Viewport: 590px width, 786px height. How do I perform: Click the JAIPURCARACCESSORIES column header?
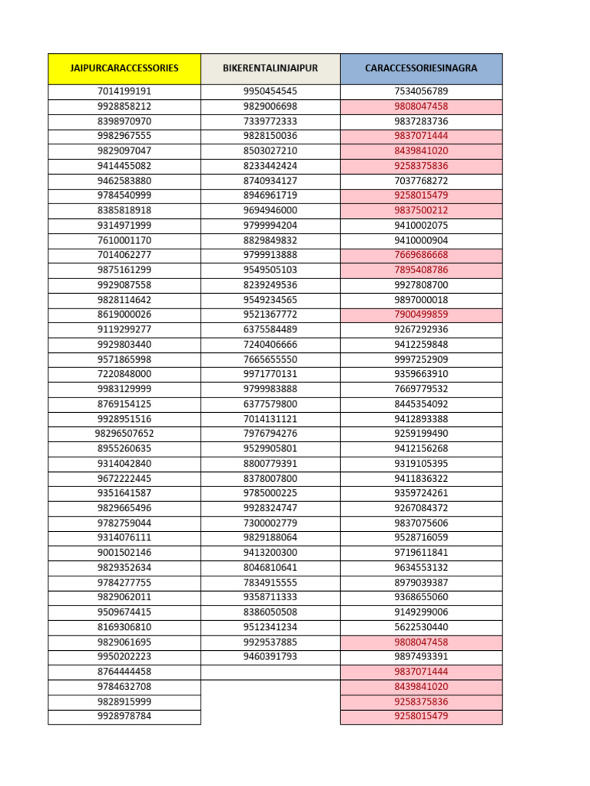(124, 68)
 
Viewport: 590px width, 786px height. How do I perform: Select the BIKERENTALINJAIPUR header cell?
(270, 68)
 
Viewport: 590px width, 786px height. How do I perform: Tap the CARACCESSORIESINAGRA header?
(421, 68)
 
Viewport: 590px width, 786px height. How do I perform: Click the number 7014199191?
(124, 91)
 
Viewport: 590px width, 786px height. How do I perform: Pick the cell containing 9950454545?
(270, 91)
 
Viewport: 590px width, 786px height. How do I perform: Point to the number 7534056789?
(421, 91)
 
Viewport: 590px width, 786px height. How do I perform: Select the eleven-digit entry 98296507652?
(124, 434)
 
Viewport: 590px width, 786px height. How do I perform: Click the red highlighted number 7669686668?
(421, 255)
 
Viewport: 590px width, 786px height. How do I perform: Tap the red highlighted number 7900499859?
(421, 315)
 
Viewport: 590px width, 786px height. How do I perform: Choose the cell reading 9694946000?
(270, 210)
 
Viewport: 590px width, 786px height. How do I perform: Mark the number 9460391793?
(270, 657)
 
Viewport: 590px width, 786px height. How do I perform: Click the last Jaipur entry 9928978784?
(124, 717)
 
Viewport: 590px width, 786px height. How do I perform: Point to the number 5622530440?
(421, 627)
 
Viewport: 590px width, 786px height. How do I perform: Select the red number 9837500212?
(421, 210)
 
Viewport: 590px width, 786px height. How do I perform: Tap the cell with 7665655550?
(270, 359)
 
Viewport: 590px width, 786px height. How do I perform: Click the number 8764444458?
(124, 672)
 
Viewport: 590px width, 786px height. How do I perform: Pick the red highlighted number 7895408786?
(421, 270)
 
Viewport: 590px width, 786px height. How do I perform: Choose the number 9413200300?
(270, 553)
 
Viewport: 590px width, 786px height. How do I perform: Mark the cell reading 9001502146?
(124, 553)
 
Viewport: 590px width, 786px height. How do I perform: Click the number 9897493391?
(421, 657)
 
